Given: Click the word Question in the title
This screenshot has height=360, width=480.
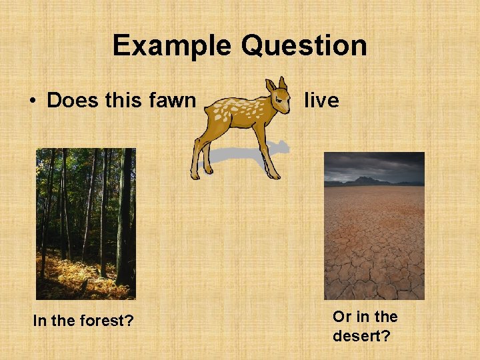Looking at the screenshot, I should coord(304,46).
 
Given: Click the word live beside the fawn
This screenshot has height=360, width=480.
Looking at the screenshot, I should coord(321,101).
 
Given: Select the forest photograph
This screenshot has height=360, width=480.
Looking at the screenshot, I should coord(85,223).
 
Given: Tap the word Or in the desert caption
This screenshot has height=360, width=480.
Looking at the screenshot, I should coord(341,317).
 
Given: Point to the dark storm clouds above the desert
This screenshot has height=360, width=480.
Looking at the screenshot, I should coord(373,163).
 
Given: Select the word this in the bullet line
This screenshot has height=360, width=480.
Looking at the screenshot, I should coord(123,101).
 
